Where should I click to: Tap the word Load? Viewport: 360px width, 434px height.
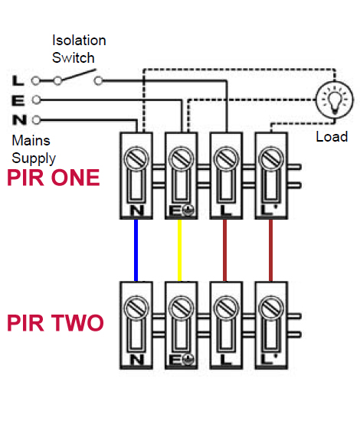pyautogui.click(x=332, y=137)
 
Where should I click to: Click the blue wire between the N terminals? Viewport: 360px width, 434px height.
pyautogui.click(x=136, y=250)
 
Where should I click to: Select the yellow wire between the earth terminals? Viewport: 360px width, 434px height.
pyautogui.click(x=179, y=250)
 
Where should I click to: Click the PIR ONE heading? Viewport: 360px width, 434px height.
pyautogui.click(x=53, y=178)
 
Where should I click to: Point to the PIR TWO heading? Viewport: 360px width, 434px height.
pyautogui.click(x=55, y=322)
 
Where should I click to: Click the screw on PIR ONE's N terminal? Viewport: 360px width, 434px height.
pyautogui.click(x=136, y=159)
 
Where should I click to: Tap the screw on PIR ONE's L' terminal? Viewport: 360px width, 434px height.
pyautogui.click(x=271, y=159)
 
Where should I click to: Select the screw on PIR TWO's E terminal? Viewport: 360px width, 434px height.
pyautogui.click(x=181, y=308)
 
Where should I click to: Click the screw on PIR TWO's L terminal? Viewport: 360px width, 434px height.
pyautogui.click(x=226, y=308)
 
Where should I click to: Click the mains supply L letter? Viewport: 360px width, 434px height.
pyautogui.click(x=18, y=80)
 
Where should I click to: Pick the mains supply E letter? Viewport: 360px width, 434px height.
pyautogui.click(x=18, y=100)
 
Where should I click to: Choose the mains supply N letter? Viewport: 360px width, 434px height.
pyautogui.click(x=19, y=120)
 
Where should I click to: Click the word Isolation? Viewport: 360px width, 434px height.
pyautogui.click(x=79, y=41)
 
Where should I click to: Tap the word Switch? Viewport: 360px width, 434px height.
pyautogui.click(x=74, y=58)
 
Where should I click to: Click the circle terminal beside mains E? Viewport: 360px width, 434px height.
pyautogui.click(x=36, y=100)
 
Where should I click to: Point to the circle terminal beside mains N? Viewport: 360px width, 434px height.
pyautogui.click(x=36, y=120)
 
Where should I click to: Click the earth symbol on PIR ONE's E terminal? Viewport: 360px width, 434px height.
pyautogui.click(x=188, y=210)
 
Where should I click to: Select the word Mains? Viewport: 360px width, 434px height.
pyautogui.click(x=31, y=140)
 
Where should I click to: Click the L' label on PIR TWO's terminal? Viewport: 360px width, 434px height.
pyautogui.click(x=269, y=360)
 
